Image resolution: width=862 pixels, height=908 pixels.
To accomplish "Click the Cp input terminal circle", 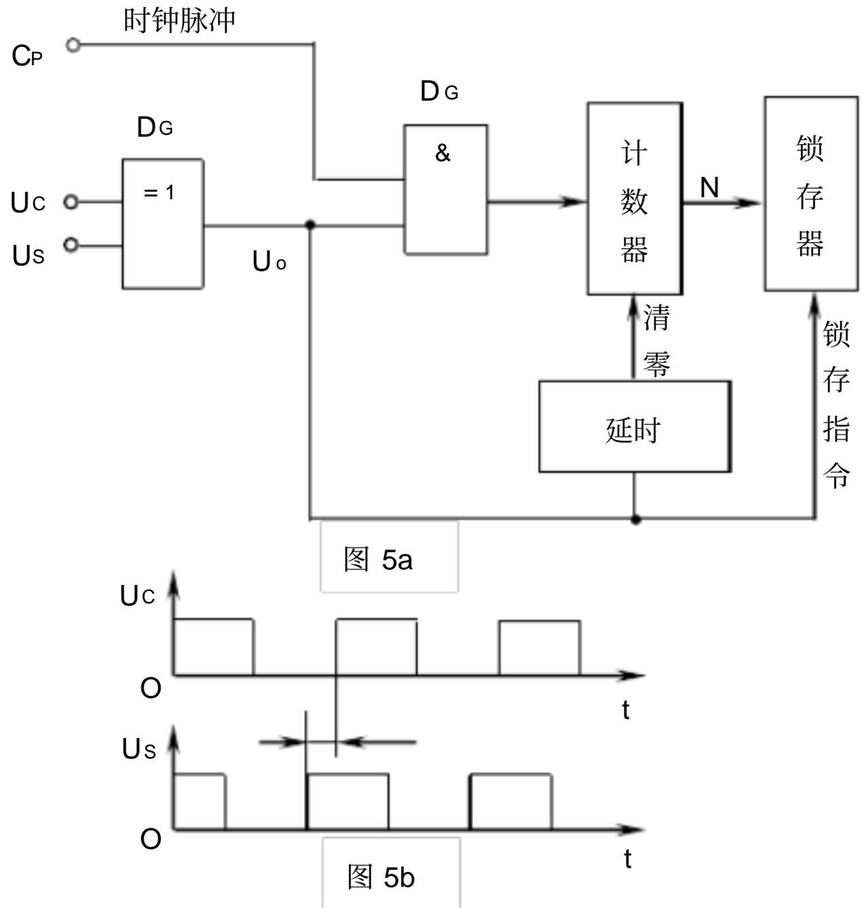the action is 73,45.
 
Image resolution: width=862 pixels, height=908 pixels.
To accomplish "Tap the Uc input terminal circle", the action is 71,202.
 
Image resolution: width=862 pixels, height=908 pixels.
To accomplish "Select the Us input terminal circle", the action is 71,244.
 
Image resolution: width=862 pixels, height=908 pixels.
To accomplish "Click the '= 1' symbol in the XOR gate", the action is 159,192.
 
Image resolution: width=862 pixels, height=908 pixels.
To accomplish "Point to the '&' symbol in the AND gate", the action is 442,153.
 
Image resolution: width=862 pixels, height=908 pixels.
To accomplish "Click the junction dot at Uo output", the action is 310,225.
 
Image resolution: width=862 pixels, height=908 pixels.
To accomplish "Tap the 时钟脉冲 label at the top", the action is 180,20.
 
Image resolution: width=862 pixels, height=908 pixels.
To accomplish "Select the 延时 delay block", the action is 635,426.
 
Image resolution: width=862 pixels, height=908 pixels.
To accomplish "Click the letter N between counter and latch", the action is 710,188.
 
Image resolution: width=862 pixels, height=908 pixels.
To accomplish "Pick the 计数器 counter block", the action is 635,198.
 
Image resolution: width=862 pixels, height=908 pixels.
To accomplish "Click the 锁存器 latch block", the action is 811,194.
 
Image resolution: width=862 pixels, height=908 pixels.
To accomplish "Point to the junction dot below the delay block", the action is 635,520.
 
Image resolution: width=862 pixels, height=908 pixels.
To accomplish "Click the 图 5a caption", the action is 378,559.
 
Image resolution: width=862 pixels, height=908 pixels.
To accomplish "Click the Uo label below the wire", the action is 269,260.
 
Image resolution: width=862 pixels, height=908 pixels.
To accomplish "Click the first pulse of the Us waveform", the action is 199,802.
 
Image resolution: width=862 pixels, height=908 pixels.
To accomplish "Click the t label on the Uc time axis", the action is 625,710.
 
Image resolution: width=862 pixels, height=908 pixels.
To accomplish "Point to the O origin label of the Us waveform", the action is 150,839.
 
